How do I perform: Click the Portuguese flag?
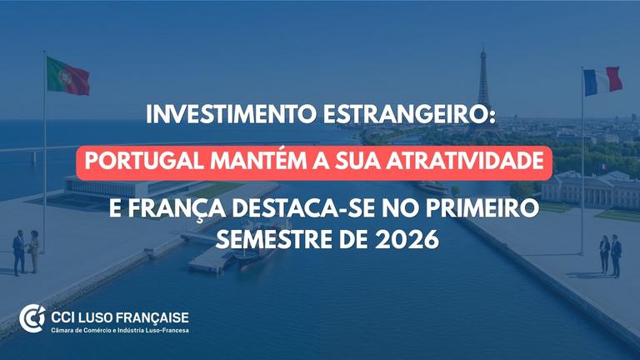point(67,77)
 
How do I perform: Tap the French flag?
point(602,81)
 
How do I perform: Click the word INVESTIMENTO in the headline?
point(231,115)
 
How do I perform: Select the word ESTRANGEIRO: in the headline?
point(409,115)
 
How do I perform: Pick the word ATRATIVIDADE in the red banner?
point(465,161)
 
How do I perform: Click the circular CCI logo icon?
point(32,318)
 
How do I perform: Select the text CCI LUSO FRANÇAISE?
point(120,317)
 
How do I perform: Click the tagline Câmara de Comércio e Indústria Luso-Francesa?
point(120,330)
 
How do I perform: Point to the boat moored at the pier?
point(255,249)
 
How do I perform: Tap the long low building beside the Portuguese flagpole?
point(135,187)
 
